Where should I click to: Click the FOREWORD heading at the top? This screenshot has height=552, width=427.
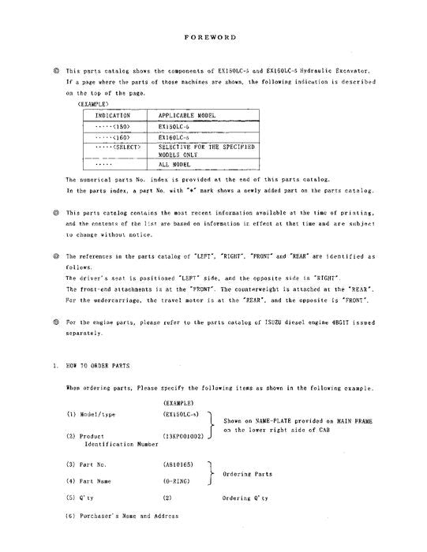[212, 37]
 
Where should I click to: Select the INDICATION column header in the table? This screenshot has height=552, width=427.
[113, 115]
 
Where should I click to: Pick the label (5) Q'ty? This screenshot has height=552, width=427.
[82, 498]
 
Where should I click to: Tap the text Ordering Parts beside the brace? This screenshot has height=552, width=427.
[249, 473]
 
